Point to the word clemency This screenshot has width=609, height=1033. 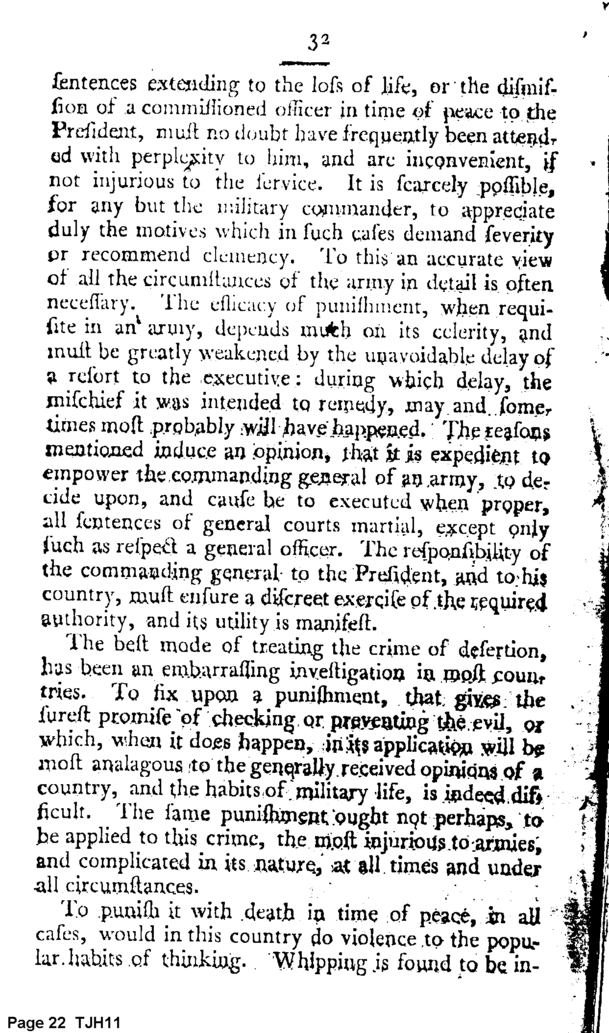244,256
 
